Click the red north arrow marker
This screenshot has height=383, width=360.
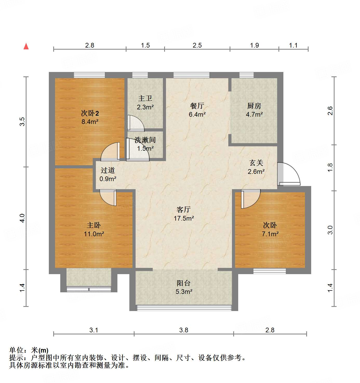point(26,46)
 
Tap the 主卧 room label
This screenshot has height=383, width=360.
point(94,225)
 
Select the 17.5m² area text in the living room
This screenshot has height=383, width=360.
point(184,218)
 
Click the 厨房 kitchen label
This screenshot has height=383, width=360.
point(254,106)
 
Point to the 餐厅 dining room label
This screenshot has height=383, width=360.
point(197,106)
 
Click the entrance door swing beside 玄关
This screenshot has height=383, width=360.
point(289,174)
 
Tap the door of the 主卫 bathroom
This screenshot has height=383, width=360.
point(136,123)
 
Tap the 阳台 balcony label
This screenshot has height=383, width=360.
point(184,283)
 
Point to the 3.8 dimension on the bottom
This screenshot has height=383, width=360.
point(184,330)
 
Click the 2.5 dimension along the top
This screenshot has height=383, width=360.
point(197,45)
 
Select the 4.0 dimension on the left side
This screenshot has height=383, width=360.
point(22,218)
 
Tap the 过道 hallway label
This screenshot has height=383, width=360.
point(108,170)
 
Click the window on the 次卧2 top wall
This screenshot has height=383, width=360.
point(89,75)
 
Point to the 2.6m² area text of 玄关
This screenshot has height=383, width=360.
point(256,171)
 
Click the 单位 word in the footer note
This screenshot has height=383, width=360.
point(16,350)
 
